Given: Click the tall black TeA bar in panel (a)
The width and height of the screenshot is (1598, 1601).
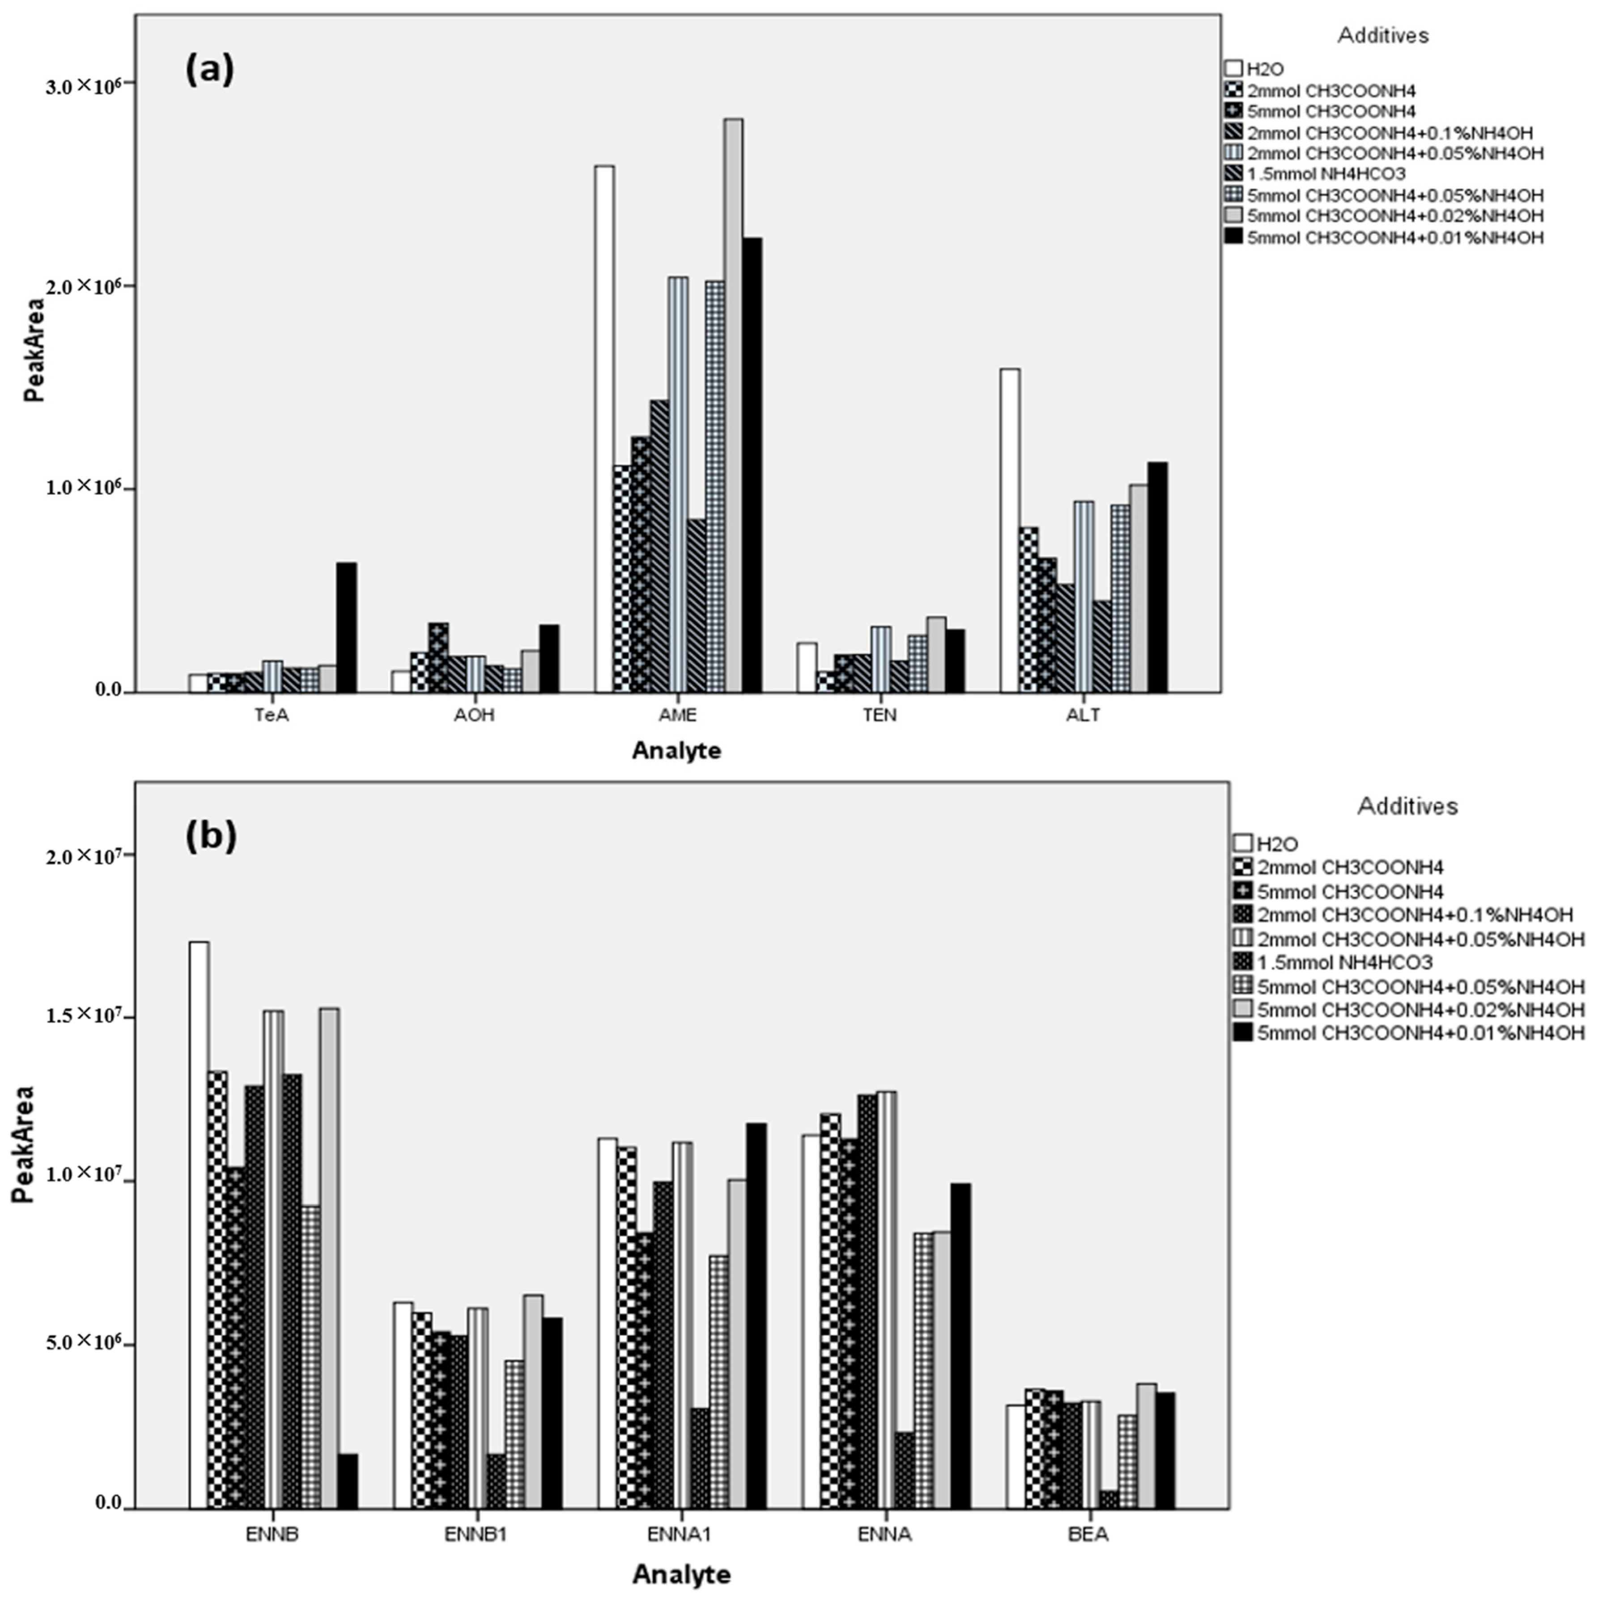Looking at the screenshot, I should click(x=346, y=627).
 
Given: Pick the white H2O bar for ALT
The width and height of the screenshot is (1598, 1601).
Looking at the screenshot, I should click(x=1010, y=531).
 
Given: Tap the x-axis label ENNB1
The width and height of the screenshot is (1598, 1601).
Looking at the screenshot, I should click(x=476, y=1534).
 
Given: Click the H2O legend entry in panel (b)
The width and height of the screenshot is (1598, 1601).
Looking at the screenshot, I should click(x=1276, y=844).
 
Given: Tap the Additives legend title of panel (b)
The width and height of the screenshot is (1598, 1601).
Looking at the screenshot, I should click(x=1407, y=806).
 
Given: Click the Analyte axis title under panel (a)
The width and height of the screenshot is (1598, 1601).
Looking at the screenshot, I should click(x=676, y=751).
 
